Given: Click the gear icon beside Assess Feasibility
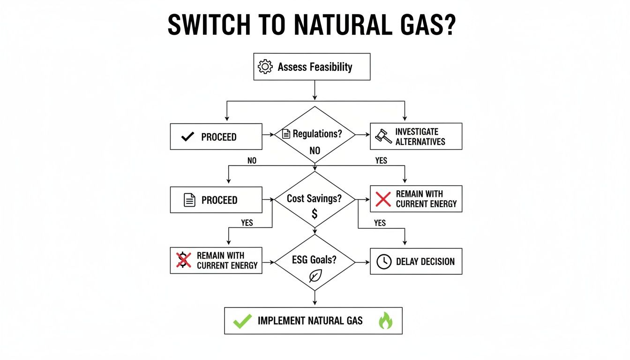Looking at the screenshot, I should pyautogui.click(x=265, y=67).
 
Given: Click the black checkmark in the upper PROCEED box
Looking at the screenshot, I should pyautogui.click(x=187, y=137).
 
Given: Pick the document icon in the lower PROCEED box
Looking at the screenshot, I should pyautogui.click(x=189, y=200).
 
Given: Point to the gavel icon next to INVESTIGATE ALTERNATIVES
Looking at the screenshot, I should pyautogui.click(x=383, y=136).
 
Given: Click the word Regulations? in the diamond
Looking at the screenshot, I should pyautogui.click(x=317, y=134).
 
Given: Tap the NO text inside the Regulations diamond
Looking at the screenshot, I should pyautogui.click(x=315, y=151).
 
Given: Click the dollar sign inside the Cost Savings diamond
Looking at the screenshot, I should pyautogui.click(x=315, y=214).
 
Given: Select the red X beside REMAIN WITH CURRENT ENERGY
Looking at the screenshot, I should pyautogui.click(x=383, y=199).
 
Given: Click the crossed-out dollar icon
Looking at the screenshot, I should pyautogui.click(x=183, y=260).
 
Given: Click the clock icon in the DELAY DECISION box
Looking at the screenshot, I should pyautogui.click(x=384, y=262).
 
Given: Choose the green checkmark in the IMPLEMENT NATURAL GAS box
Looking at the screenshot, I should pyautogui.click(x=242, y=321).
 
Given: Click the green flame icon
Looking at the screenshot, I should pyautogui.click(x=385, y=321).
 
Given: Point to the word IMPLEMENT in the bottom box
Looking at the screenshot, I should pyautogui.click(x=281, y=321).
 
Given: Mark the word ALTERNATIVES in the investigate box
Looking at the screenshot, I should pyautogui.click(x=420, y=142).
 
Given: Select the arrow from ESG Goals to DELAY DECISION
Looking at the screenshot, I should pyautogui.click(x=362, y=262).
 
